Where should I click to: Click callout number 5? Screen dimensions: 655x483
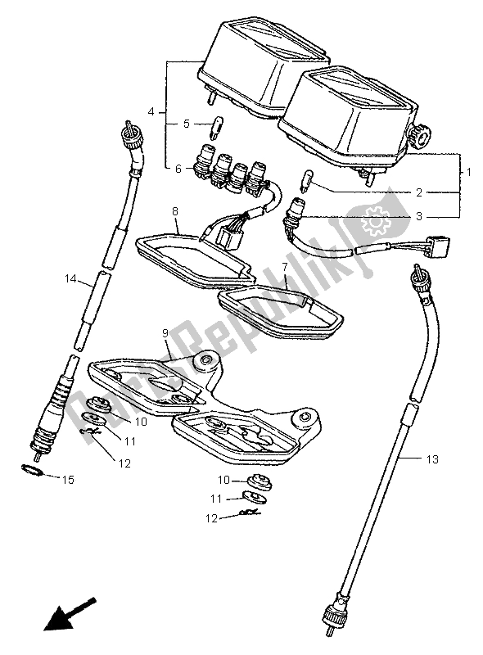click(x=186, y=124)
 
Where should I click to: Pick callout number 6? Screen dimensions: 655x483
click(x=178, y=169)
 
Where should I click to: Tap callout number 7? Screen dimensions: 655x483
click(x=285, y=267)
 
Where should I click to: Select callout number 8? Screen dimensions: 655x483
click(x=174, y=211)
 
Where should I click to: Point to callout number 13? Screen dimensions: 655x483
click(x=433, y=459)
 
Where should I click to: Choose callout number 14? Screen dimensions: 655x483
click(x=71, y=280)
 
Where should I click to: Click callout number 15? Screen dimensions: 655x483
click(x=70, y=478)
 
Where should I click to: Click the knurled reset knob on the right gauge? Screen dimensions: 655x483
click(x=423, y=138)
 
